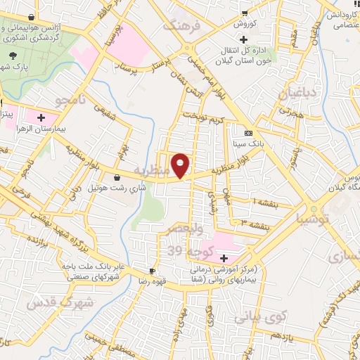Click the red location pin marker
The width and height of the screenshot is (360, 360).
click(x=181, y=165)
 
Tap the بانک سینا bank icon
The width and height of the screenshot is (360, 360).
click(x=248, y=134)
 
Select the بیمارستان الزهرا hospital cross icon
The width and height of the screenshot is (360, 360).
click(x=41, y=117)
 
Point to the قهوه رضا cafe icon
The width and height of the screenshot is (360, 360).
click(x=152, y=271)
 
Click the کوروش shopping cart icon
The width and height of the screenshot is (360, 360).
click(x=245, y=13)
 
